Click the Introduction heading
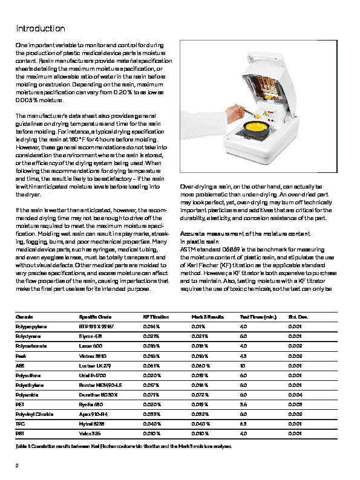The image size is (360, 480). pos(40,28)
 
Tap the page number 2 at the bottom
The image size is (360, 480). pos(17,465)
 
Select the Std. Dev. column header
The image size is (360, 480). pos(298,317)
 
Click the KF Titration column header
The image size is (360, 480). pos(155,317)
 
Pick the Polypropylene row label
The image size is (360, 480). pos(31,326)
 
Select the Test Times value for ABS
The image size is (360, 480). pos(243,366)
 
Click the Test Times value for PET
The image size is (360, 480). pos(243,405)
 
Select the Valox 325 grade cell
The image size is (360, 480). pos(90,434)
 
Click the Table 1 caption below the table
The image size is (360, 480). pos(123,446)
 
